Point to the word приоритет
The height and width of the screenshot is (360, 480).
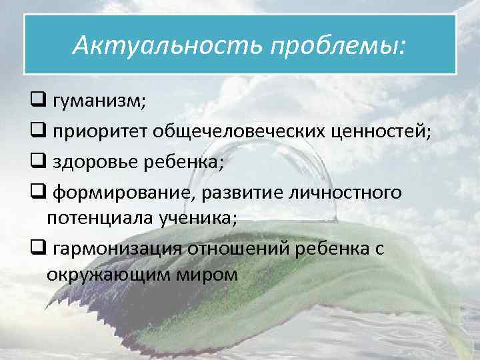(101, 133)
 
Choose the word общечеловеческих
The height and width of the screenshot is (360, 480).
(241, 133)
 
